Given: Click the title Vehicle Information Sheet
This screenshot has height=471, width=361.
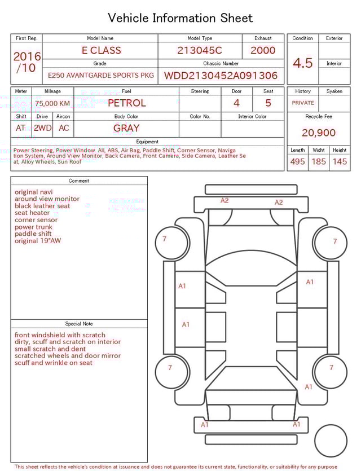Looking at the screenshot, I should pyautogui.click(x=180, y=18).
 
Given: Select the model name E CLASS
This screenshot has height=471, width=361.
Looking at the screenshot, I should pyautogui.click(x=102, y=50).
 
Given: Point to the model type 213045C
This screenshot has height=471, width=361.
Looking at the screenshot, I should pyautogui.click(x=200, y=50).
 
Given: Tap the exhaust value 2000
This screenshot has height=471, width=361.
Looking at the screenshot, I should pyautogui.click(x=263, y=50).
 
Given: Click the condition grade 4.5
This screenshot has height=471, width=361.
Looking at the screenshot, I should pyautogui.click(x=303, y=63).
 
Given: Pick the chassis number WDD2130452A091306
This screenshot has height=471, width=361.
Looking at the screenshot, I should pyautogui.click(x=221, y=76).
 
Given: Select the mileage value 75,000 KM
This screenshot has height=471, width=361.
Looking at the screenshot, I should pyautogui.click(x=52, y=103).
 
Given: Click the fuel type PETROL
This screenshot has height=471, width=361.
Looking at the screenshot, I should pyautogui.click(x=126, y=103).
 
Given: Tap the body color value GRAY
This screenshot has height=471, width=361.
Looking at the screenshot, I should pyautogui.click(x=126, y=128).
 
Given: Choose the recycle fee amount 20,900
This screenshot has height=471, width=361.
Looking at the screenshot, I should pyautogui.click(x=319, y=133).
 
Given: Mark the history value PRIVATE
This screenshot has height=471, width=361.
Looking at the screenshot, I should pyautogui.click(x=303, y=103).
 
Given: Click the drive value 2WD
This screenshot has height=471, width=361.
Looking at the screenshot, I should pyautogui.click(x=42, y=128).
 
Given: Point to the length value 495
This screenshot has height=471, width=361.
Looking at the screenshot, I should pyautogui.click(x=297, y=162).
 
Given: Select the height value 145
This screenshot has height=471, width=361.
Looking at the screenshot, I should pyautogui.click(x=340, y=162).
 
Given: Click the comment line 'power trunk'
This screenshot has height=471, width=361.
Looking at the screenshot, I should pyautogui.click(x=33, y=227).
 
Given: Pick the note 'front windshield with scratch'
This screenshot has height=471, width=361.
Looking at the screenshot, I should pyautogui.click(x=60, y=335).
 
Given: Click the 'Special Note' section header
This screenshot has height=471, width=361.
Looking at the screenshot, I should pyautogui.click(x=79, y=324).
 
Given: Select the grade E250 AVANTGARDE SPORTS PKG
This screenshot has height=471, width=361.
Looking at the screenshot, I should pyautogui.click(x=100, y=76).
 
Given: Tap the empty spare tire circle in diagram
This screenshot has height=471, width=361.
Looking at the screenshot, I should pyautogui.click(x=331, y=440).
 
